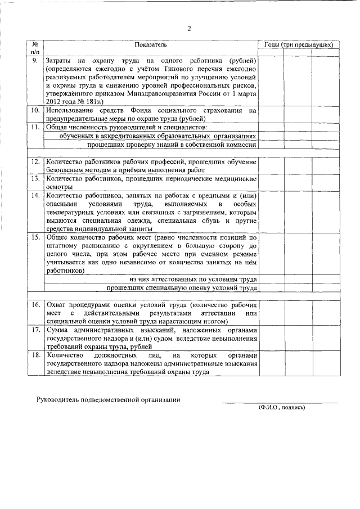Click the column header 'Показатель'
pyautogui.click(x=151, y=44)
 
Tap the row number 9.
pyautogui.click(x=35, y=60)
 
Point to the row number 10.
pyautogui.click(x=35, y=111)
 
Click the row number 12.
pyautogui.click(x=35, y=162)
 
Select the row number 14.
pyautogui.click(x=35, y=195)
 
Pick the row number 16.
pyautogui.click(x=35, y=304)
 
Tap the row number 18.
pyautogui.click(x=35, y=356)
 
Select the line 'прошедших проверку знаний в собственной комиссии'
pyautogui.click(x=172, y=145)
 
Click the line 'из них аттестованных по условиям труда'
pyautogui.click(x=193, y=280)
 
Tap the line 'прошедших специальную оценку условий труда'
pyautogui.click(x=182, y=288)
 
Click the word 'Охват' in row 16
pyautogui.click(x=58, y=304)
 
